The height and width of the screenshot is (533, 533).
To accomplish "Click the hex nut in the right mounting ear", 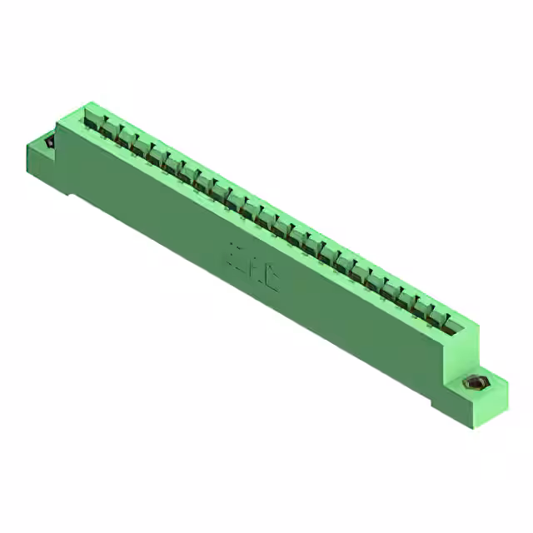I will pyautogui.click(x=476, y=384).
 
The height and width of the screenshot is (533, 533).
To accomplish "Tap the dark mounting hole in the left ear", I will pyautogui.click(x=49, y=142).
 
